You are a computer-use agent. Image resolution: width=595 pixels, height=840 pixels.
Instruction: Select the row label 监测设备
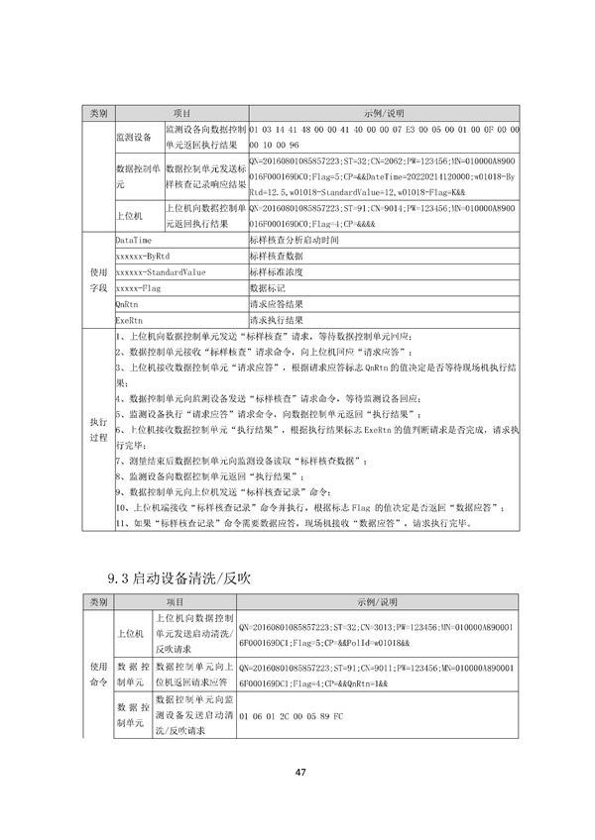point(133,137)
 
